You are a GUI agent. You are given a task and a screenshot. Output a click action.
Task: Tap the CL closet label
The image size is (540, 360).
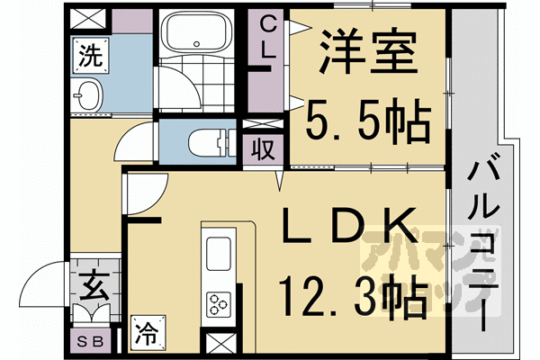coord(266,40)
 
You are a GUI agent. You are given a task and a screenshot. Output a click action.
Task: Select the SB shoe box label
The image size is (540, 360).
coord(91,341)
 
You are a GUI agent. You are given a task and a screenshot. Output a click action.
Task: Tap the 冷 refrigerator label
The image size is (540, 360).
coord(145,333)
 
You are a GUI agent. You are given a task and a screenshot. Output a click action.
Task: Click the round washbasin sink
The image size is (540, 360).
coord(88,94)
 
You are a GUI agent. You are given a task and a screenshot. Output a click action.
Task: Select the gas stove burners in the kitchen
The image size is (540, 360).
coord(220,302)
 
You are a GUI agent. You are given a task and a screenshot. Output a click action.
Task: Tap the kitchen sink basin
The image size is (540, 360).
coord(220,253)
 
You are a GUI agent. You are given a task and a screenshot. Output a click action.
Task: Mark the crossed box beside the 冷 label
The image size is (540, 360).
coord(218,344)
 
